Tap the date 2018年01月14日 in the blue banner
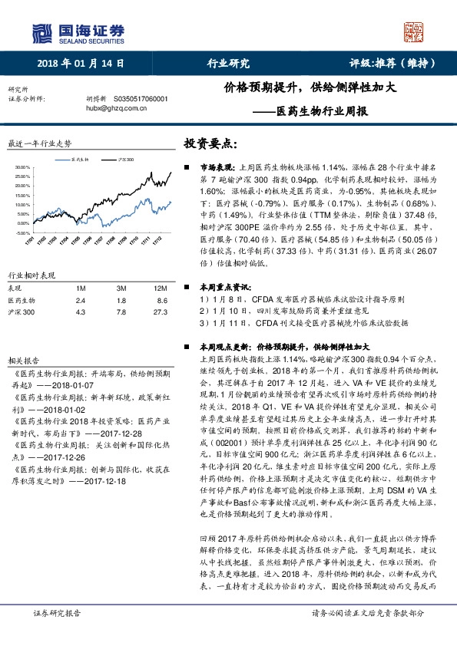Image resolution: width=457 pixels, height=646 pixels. (80, 64)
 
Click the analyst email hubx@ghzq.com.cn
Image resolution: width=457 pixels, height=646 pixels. (112, 109)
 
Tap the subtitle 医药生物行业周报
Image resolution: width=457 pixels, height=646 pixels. (316, 110)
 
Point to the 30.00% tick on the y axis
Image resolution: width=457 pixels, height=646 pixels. (22, 167)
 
